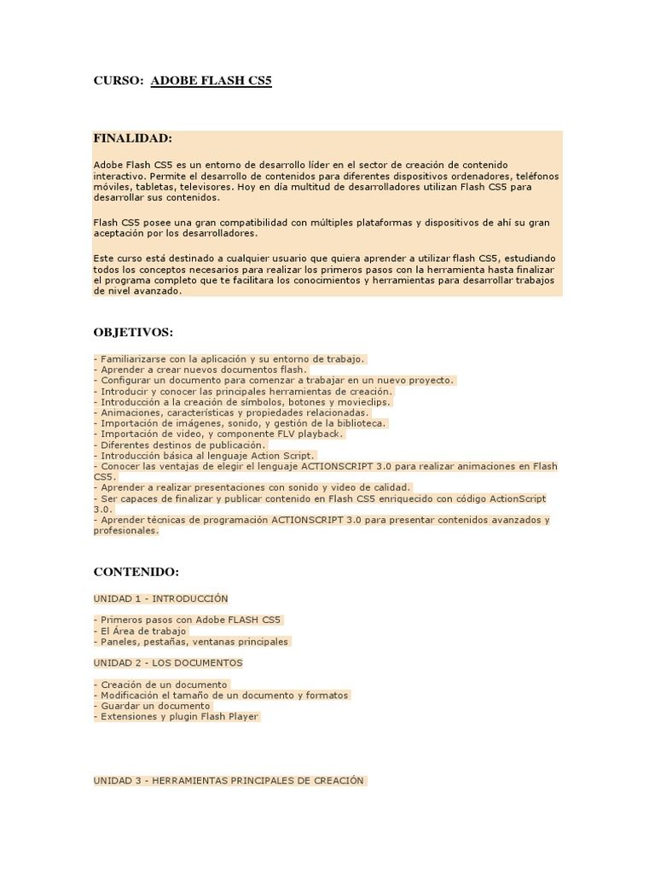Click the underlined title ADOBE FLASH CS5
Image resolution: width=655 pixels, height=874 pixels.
211,81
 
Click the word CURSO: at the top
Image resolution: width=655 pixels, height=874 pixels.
118,81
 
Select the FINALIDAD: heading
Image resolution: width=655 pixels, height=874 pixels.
132,138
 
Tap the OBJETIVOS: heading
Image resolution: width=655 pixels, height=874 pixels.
133,332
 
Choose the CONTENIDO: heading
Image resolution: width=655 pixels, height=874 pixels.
136,572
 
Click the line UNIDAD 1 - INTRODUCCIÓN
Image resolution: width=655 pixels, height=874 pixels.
160,598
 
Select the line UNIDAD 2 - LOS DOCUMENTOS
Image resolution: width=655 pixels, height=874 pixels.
168,662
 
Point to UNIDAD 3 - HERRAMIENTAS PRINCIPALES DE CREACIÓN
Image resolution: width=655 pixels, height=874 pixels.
229,780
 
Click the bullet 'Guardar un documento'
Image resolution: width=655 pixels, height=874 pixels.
154,706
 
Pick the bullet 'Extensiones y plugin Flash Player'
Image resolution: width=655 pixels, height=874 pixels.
178,717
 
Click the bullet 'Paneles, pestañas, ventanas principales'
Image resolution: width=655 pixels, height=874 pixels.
194,642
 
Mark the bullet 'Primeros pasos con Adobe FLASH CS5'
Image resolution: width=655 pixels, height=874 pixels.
189,620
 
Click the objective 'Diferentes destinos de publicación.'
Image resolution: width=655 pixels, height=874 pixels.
182,445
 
